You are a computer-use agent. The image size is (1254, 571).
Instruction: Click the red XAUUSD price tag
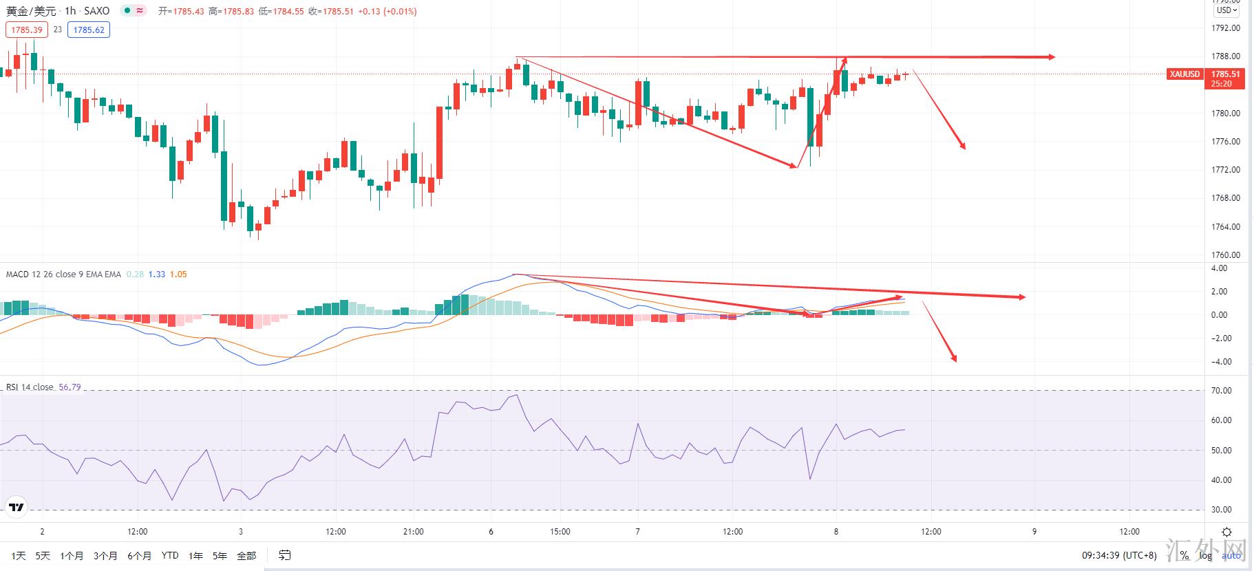pos(1184,74)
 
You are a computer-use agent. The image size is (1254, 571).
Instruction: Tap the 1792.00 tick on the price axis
pos(1225,28)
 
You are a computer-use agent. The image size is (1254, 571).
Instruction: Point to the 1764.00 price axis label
pos(1225,226)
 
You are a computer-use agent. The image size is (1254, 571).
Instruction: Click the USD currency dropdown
pos(1226,10)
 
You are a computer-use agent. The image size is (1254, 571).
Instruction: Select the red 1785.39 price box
pos(27,30)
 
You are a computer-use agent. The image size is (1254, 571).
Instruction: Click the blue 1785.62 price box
pos(89,30)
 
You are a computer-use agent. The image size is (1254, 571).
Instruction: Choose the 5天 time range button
pos(43,555)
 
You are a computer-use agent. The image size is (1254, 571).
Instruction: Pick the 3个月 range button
pos(105,555)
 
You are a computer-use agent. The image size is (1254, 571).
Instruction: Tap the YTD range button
pos(170,555)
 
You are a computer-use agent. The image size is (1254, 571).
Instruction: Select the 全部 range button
pos(246,555)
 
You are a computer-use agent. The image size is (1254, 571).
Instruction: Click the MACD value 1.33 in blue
pos(157,274)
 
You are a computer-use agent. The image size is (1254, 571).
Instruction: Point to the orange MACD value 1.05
pos(178,274)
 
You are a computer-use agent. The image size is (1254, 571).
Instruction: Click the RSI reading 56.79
pos(70,387)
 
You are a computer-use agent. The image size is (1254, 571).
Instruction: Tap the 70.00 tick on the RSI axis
pos(1222,391)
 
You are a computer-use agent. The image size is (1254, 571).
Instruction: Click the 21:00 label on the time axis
pos(414,532)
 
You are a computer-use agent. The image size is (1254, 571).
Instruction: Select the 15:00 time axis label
pos(560,532)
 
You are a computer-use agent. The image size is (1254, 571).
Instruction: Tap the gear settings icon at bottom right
pos(1226,532)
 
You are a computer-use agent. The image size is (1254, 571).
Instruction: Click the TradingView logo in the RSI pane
pos(16,508)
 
